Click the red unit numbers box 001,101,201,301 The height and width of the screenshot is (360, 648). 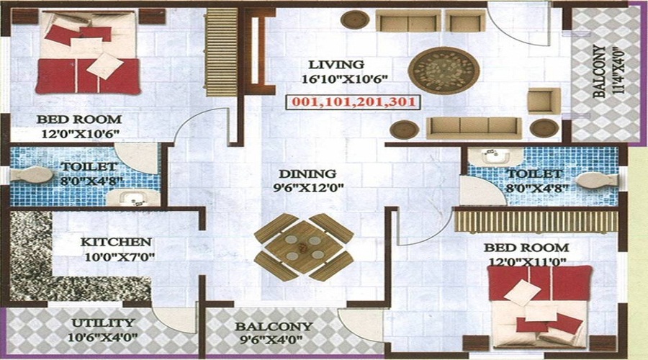(x=354, y=102)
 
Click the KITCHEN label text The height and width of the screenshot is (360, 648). (x=116, y=242)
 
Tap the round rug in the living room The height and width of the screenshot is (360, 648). (x=443, y=71)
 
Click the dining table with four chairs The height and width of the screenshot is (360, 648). (x=303, y=246)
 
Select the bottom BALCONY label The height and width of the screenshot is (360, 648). (x=274, y=326)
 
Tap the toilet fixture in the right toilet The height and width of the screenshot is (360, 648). (x=595, y=180)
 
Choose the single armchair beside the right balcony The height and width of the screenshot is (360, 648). (x=544, y=100)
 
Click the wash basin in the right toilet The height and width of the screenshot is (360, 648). (x=482, y=156)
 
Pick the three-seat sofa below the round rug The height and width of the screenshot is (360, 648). (x=473, y=127)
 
